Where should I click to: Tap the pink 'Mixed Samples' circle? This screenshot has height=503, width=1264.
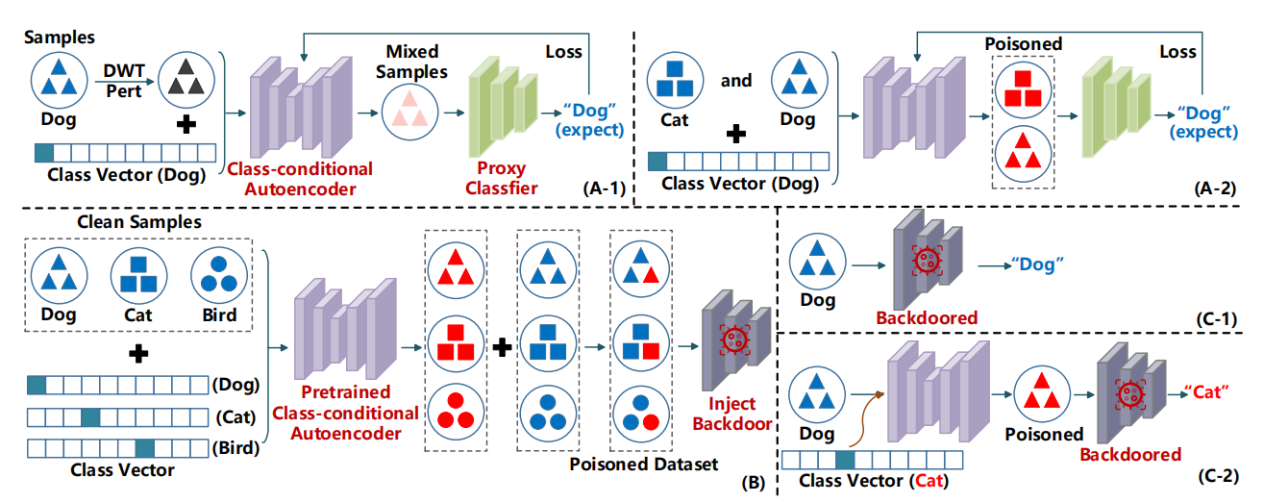[409, 112]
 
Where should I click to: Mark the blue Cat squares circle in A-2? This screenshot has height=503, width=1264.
[674, 82]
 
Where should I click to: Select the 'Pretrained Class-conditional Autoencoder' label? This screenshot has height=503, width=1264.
[359, 414]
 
